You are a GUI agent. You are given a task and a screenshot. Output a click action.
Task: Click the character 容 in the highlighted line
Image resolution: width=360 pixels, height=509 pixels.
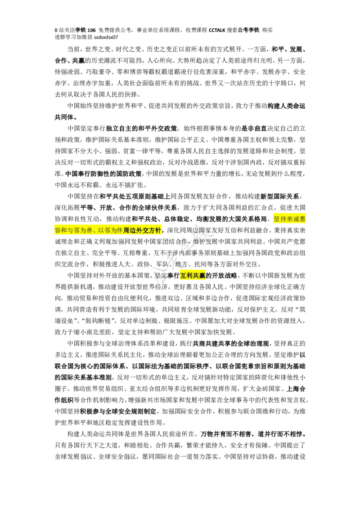58,230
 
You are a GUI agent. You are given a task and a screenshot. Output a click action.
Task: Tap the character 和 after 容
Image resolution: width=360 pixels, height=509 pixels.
64,230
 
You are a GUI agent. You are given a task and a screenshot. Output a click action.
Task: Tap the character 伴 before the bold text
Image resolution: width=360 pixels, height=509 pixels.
120,230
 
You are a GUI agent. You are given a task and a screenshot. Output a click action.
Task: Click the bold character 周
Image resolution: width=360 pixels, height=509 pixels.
126,230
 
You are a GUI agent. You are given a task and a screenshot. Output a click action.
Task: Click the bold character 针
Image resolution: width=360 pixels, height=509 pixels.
158,230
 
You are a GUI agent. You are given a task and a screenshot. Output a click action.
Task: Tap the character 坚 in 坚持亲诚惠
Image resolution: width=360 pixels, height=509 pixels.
277,219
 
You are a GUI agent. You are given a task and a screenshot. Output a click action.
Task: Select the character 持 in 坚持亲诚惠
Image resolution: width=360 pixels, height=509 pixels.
283,219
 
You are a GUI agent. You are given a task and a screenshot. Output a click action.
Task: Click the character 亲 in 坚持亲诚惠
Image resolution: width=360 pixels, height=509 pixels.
289,219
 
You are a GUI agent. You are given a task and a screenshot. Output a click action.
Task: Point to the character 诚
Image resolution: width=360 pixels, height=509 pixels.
296,219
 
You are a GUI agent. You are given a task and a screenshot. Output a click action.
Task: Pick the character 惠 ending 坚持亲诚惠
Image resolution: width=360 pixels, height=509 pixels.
302,219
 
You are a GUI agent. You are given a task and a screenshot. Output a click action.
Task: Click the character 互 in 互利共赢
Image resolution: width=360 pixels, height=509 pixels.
183,276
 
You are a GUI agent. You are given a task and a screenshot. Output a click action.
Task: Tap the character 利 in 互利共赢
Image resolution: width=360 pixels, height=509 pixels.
189,276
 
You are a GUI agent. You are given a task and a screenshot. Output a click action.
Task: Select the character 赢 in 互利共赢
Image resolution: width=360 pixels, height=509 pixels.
202,276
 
